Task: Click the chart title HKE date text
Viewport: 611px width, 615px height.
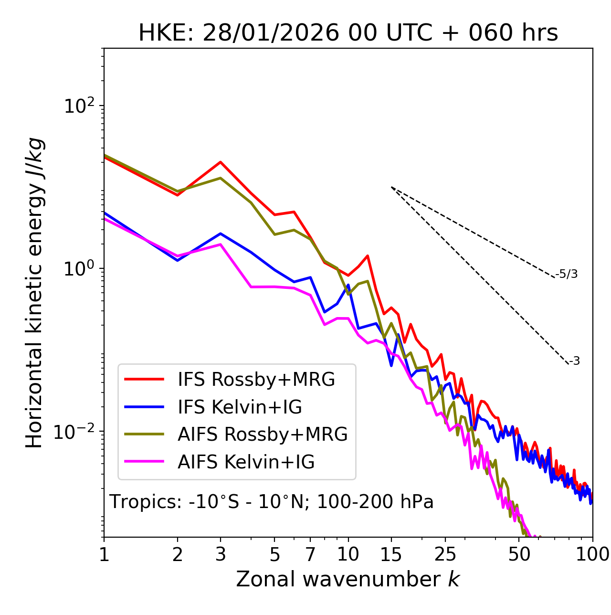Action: pyautogui.click(x=348, y=33)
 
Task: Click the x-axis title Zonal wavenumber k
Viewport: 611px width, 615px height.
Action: pyautogui.click(x=348, y=579)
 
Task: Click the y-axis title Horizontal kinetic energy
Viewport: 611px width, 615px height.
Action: pyautogui.click(x=35, y=293)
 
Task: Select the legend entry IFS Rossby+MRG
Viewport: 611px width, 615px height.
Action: pyautogui.click(x=256, y=379)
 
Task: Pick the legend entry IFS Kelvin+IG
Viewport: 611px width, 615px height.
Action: pyautogui.click(x=240, y=407)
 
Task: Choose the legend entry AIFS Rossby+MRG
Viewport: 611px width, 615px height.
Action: pyautogui.click(x=263, y=435)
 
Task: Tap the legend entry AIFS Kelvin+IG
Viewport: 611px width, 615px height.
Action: pyautogui.click(x=246, y=462)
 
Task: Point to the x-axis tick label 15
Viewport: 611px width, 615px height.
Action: pyautogui.click(x=391, y=554)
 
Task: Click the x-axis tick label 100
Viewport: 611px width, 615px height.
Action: pyautogui.click(x=592, y=554)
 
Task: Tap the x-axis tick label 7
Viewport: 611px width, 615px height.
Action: pyautogui.click(x=310, y=554)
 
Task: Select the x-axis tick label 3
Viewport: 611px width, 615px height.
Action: pyautogui.click(x=221, y=554)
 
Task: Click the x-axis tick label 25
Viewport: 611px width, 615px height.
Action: pyautogui.click(x=445, y=554)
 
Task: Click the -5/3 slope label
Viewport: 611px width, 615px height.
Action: pyautogui.click(x=567, y=274)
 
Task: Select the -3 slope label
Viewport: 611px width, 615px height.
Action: pyautogui.click(x=575, y=361)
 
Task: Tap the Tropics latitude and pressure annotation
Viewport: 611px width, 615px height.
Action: pyautogui.click(x=271, y=502)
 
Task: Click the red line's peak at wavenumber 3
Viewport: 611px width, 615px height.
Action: pyautogui.click(x=221, y=162)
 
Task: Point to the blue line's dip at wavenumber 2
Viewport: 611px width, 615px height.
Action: pyautogui.click(x=178, y=260)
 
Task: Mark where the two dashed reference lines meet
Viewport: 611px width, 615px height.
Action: pyautogui.click(x=391, y=187)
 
